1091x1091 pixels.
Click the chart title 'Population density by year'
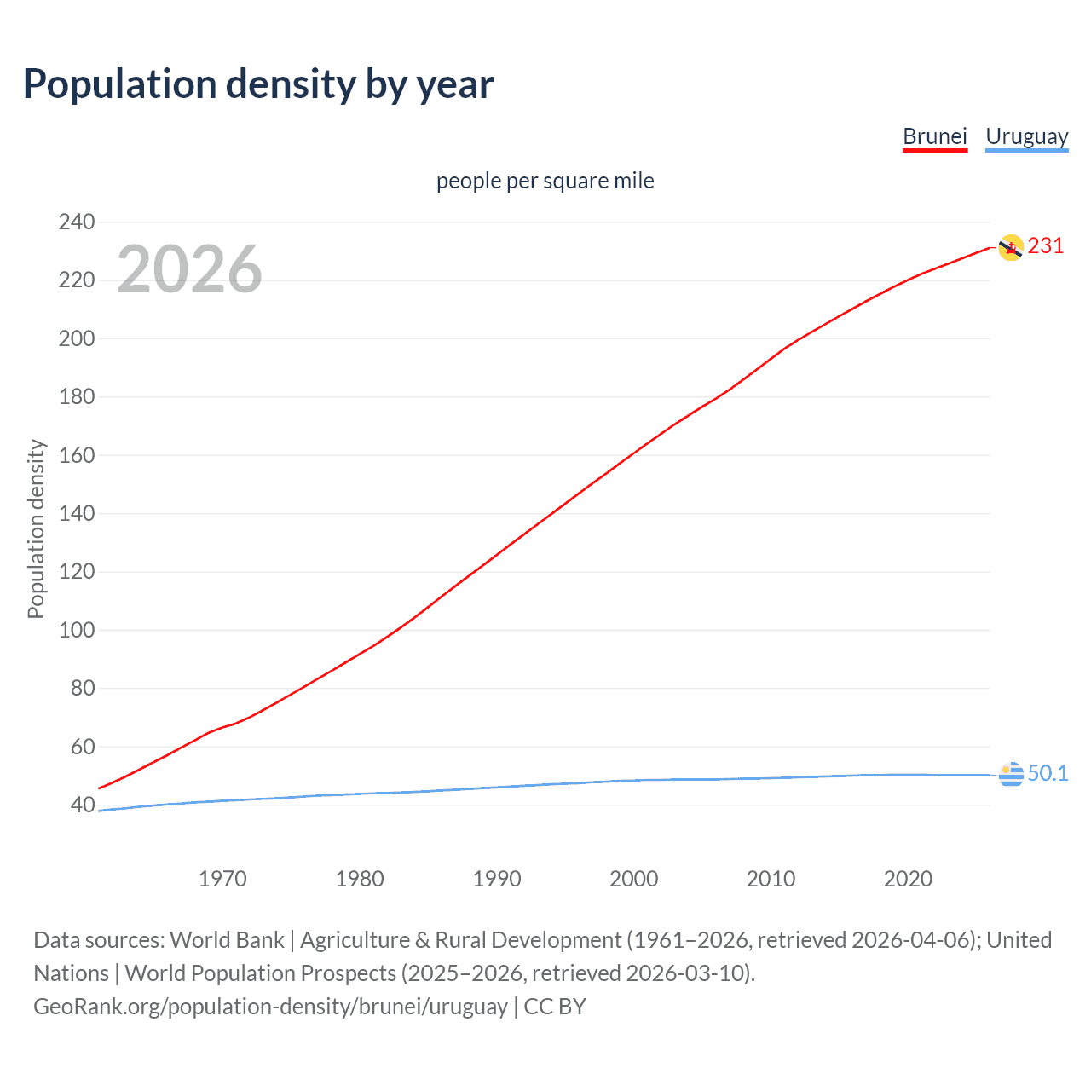pos(258,84)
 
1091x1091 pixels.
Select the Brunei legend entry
pos(934,136)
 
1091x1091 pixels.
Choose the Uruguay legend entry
pos(1026,136)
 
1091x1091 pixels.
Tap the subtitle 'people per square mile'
pos(545,182)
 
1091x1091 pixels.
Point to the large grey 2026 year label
pos(189,270)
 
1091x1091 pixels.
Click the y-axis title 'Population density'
pos(36,528)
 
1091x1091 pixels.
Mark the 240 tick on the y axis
pos(77,222)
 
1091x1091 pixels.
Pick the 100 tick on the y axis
pos(77,631)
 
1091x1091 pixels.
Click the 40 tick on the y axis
pos(82,805)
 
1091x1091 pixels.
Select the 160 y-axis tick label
pos(77,456)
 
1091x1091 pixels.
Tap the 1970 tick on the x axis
pos(222,879)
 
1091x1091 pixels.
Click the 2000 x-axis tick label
pos(633,879)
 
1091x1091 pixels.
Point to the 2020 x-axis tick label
pos(908,879)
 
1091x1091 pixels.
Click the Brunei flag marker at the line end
pos(1010,248)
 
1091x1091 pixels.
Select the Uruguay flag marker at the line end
pos(1010,775)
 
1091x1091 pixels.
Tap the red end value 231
pos(1046,246)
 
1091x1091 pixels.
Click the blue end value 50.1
pos(1048,773)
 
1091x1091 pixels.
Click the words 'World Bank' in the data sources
pos(227,940)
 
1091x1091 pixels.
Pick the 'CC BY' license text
pos(555,1007)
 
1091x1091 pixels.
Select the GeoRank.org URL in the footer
pos(270,1007)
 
